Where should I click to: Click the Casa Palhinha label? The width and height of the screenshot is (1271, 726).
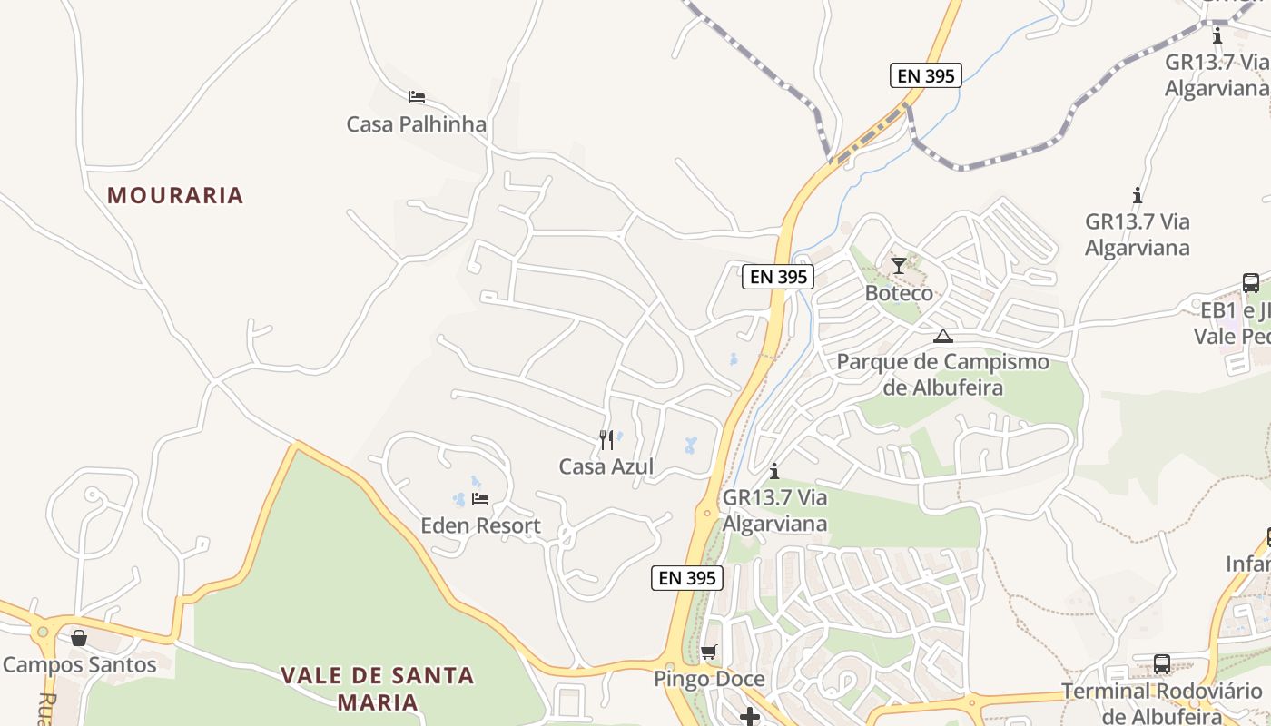(x=417, y=124)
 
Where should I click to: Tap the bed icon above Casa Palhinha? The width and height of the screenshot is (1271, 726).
(x=417, y=97)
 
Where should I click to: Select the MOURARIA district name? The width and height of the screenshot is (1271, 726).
(x=175, y=195)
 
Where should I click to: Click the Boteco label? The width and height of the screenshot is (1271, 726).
(x=899, y=293)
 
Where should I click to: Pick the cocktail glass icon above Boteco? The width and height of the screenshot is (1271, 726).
(x=899, y=266)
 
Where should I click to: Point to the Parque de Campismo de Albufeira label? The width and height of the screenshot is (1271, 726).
(x=942, y=375)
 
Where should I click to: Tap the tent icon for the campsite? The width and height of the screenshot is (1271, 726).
(x=943, y=336)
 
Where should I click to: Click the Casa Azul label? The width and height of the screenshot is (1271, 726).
(x=606, y=467)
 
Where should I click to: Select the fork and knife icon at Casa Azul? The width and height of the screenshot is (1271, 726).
(x=606, y=440)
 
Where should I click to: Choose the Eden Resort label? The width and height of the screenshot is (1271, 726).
(x=480, y=525)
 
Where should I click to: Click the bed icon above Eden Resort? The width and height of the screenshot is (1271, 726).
(x=480, y=499)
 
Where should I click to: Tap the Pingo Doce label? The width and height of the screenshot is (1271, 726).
(x=709, y=680)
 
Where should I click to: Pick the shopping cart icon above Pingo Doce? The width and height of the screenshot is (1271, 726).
(x=709, y=652)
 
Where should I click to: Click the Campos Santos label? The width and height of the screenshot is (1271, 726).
(x=80, y=665)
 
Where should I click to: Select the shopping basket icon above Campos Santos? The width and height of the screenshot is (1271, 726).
(x=79, y=638)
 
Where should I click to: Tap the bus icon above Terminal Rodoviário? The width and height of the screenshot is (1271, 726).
(x=1162, y=664)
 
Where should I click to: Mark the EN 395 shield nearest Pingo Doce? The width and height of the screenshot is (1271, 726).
(x=687, y=578)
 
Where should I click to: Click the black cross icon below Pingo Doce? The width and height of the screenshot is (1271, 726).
(x=750, y=717)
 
